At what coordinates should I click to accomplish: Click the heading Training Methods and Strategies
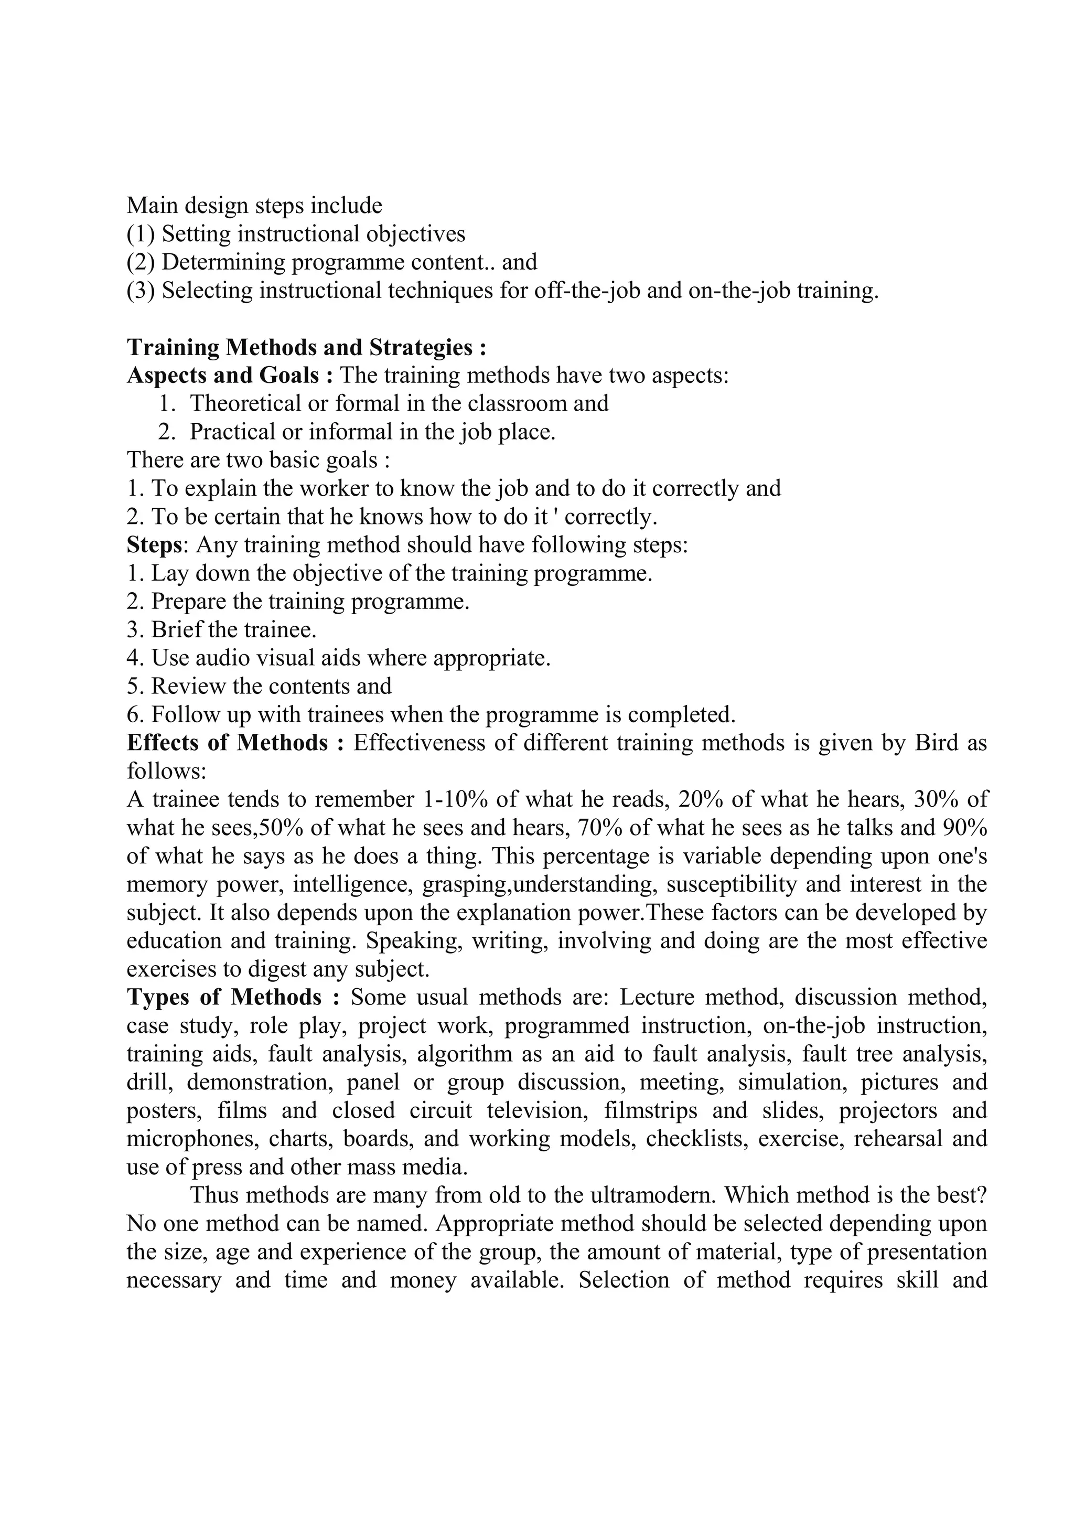[306, 347]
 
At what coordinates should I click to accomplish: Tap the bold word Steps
[154, 544]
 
